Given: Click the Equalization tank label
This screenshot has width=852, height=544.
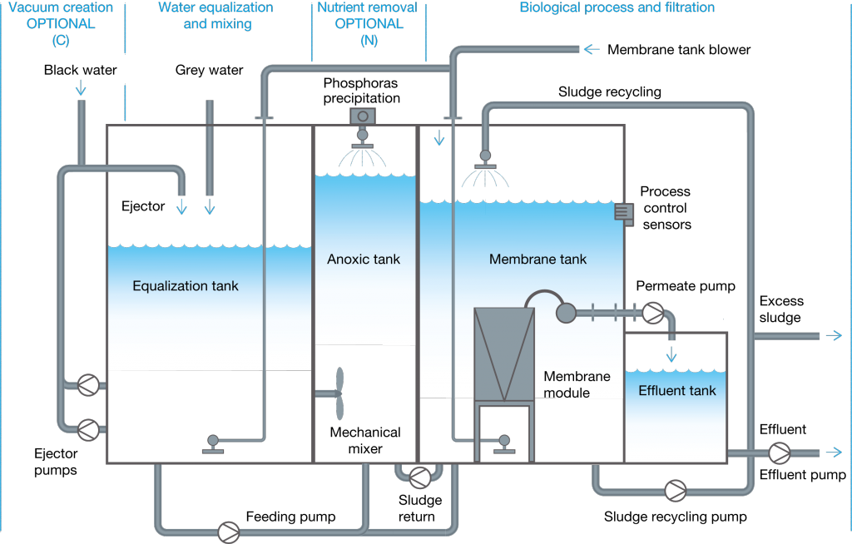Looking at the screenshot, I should [186, 286].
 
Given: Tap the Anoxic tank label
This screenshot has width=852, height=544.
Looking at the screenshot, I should [364, 260].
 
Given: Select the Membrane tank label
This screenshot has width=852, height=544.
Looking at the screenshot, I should [537, 260].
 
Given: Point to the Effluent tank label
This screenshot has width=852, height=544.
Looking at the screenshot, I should [676, 391].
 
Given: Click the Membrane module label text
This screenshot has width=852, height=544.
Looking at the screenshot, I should [577, 384].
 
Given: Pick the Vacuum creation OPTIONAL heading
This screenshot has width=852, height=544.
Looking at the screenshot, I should [60, 23].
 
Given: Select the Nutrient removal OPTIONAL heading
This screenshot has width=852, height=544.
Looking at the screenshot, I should [368, 23].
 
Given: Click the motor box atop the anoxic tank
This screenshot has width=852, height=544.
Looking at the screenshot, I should [363, 116].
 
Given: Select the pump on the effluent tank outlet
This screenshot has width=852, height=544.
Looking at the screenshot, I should [779, 453].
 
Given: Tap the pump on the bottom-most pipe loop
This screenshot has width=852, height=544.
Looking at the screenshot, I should [228, 532].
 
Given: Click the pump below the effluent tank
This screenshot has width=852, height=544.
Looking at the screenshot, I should [675, 491].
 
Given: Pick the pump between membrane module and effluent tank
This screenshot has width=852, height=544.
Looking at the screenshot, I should [653, 313].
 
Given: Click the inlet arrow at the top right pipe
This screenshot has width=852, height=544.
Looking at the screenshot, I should [592, 50].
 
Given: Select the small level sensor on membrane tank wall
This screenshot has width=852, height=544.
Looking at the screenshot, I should [623, 213].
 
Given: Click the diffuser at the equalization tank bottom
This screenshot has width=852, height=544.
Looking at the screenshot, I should [213, 444].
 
